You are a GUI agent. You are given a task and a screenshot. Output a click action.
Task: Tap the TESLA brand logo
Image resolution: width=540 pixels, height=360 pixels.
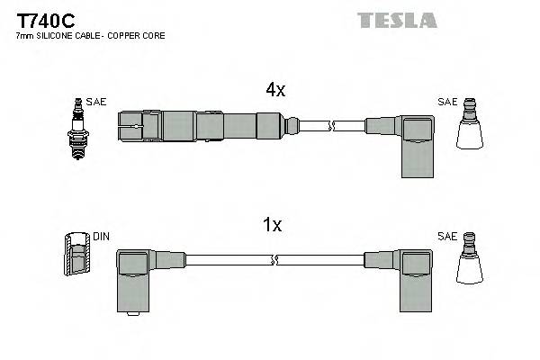(397, 20)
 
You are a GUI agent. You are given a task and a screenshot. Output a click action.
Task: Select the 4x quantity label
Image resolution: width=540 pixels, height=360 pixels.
(275, 90)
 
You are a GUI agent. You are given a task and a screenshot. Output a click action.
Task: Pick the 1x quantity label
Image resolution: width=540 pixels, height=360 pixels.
(273, 226)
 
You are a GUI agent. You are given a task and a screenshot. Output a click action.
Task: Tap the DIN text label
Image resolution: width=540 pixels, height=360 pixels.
(101, 237)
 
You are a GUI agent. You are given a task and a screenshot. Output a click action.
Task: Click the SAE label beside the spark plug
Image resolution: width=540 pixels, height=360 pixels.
(95, 102)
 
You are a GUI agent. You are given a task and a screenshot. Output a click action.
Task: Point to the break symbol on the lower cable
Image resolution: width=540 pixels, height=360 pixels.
(274, 261)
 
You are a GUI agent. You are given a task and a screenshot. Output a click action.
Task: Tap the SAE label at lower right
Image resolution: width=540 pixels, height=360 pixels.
(447, 236)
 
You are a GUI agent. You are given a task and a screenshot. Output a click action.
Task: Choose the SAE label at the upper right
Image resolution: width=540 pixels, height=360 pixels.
(447, 102)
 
